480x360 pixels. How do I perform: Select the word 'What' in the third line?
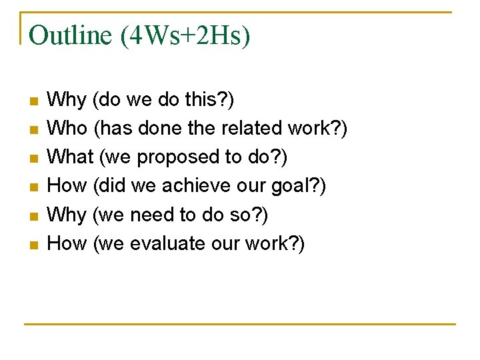click(71, 157)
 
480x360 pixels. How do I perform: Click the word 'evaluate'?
click(167, 243)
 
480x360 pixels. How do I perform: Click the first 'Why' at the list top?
click(67, 100)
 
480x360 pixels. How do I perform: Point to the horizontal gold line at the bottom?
click(240, 324)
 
